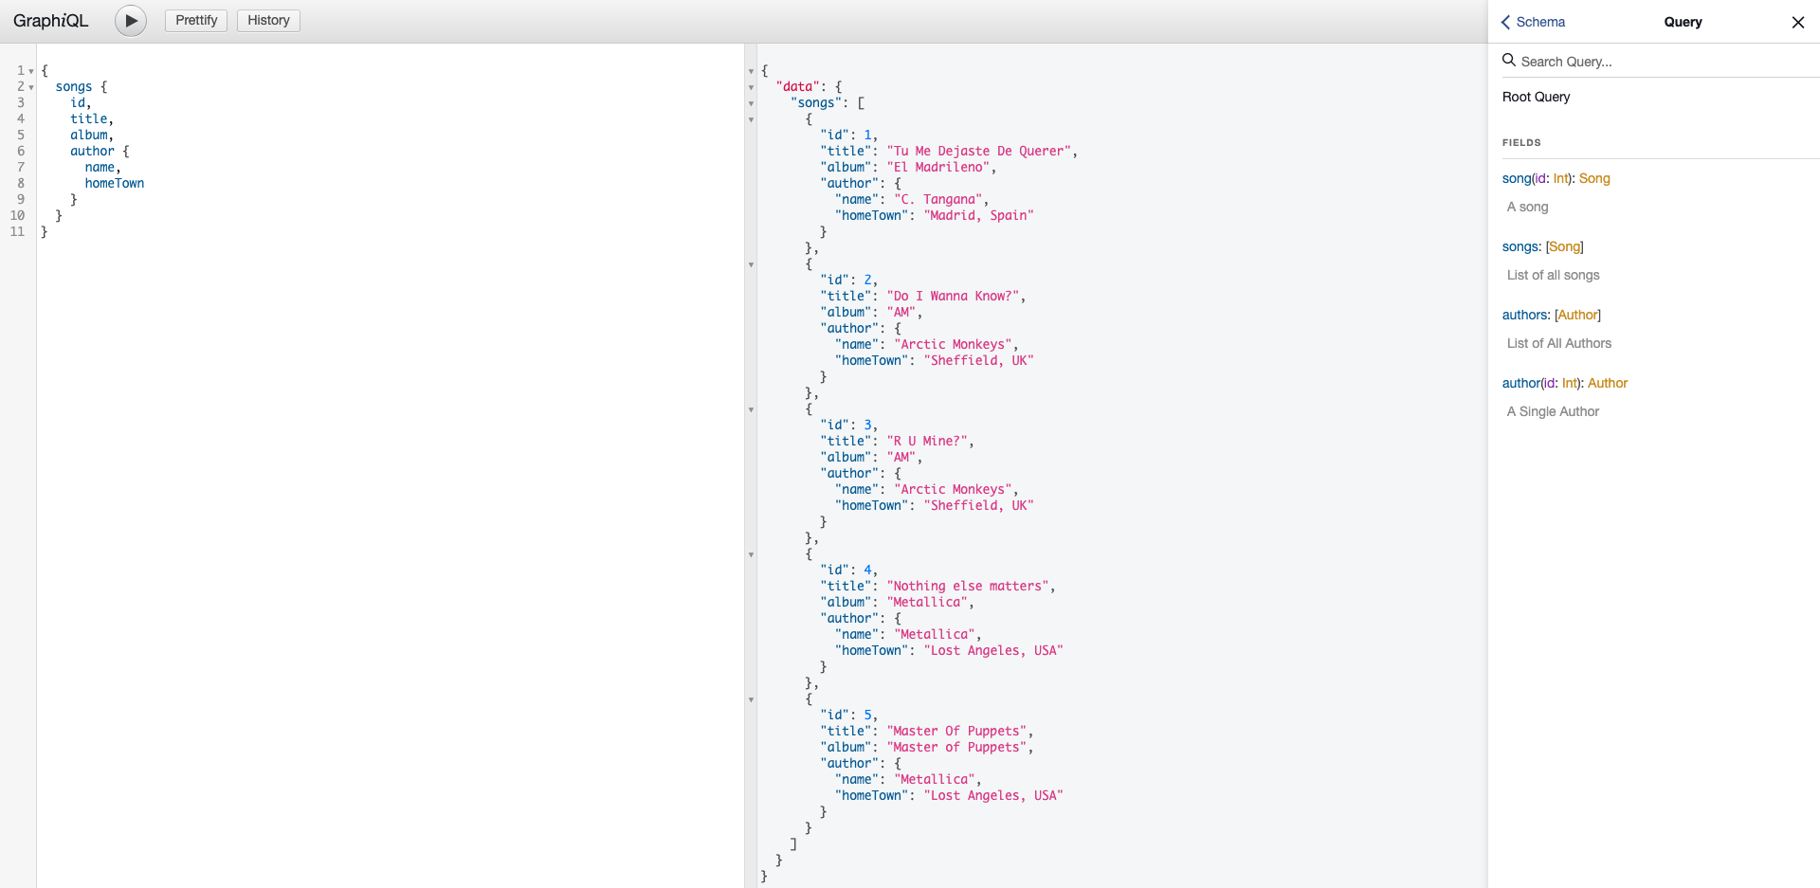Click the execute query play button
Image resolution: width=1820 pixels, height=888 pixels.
point(131,21)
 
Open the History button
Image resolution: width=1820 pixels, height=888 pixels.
point(268,21)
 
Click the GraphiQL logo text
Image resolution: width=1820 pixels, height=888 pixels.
point(50,21)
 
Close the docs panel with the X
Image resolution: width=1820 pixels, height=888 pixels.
point(1797,22)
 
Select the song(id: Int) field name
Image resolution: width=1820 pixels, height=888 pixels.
point(1517,178)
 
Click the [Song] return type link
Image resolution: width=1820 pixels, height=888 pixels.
point(1564,246)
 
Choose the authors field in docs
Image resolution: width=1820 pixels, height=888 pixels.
point(1525,315)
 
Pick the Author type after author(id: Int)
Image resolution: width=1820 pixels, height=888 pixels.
point(1608,383)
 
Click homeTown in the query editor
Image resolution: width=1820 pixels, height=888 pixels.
point(115,184)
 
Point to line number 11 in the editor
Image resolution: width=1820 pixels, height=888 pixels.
point(18,231)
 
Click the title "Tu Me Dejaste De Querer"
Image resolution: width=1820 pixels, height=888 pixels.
point(978,152)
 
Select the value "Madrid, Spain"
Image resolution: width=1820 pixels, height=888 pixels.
point(978,216)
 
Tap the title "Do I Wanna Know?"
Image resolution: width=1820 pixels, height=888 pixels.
point(953,297)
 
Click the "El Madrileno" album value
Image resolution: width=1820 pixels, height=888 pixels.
point(938,168)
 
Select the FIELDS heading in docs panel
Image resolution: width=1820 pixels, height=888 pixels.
point(1521,142)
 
